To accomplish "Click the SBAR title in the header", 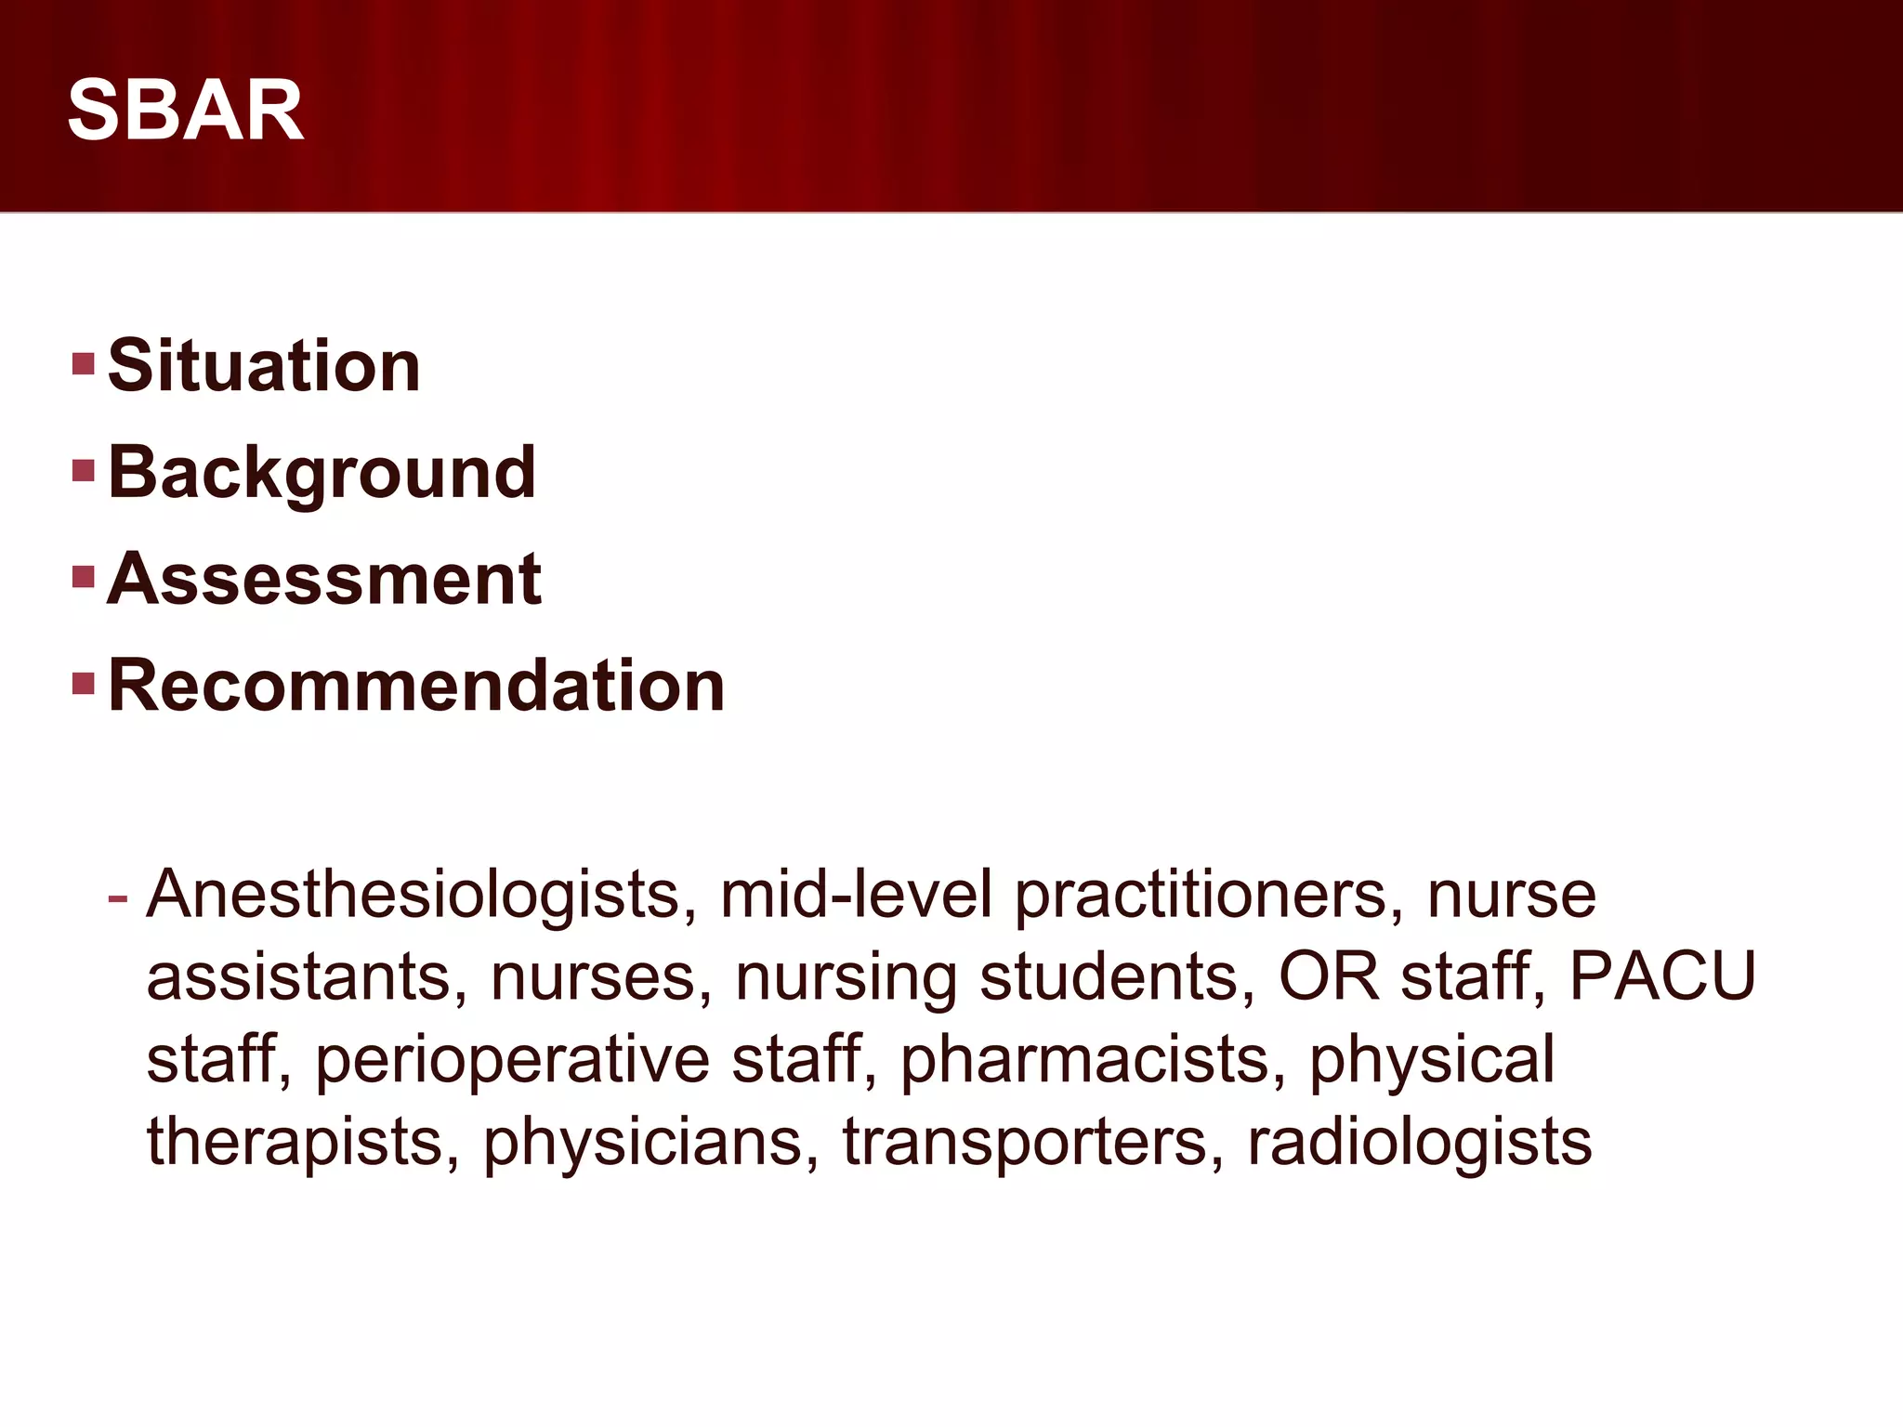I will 186,111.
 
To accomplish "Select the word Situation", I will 264,365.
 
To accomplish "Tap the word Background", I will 322,472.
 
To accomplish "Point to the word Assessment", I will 324,579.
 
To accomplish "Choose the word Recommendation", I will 416,686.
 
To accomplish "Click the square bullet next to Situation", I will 84,362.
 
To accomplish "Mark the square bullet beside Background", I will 84,470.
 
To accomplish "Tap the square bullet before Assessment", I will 84,577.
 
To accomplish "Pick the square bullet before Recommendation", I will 84,685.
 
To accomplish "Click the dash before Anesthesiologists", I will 118,897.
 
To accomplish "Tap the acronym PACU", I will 1662,976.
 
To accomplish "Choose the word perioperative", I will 512,1060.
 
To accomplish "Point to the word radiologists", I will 1419,1143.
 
